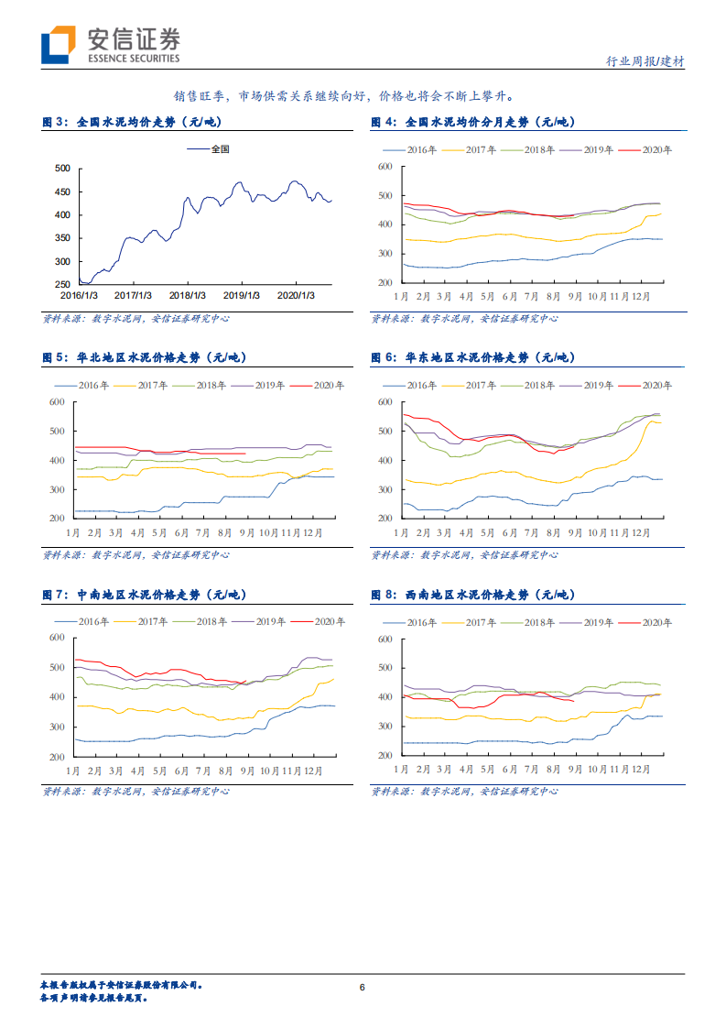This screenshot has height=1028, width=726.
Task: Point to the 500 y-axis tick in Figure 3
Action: (63, 169)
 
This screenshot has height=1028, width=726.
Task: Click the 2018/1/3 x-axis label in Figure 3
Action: (189, 295)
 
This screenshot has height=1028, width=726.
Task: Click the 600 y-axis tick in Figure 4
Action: (385, 167)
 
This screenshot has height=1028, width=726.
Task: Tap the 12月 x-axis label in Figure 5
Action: (313, 532)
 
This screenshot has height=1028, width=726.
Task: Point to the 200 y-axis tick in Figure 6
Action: (385, 519)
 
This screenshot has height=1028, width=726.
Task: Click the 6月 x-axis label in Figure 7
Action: (181, 771)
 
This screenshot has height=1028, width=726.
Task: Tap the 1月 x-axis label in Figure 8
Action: (401, 771)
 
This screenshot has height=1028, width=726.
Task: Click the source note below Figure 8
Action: (464, 791)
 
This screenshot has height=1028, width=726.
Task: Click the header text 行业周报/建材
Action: (645, 61)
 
